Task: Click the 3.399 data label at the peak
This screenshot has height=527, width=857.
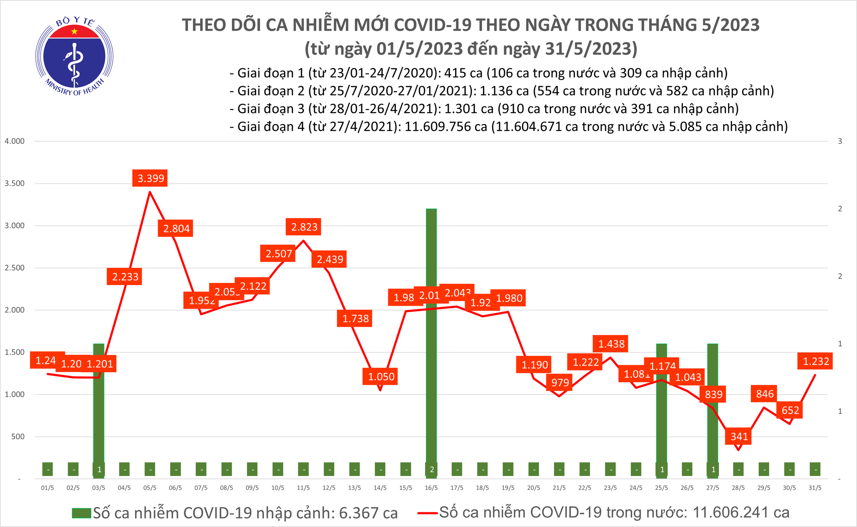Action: (151, 178)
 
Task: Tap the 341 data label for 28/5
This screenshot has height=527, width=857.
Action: (739, 436)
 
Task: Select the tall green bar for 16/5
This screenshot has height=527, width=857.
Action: (431, 334)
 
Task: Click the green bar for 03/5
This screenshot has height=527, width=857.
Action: (99, 407)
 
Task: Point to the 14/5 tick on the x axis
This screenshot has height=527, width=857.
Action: (380, 488)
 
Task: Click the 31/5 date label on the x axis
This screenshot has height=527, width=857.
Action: (815, 488)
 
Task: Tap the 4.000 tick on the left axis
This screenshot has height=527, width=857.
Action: (15, 141)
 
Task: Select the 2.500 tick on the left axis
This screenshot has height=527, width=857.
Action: (15, 268)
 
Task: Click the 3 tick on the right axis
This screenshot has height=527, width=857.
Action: (840, 141)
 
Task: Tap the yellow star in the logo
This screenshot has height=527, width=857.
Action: (75, 31)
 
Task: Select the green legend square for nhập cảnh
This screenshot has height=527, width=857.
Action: (81, 513)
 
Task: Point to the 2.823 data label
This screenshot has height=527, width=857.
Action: (304, 227)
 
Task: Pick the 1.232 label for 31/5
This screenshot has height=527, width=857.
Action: (815, 361)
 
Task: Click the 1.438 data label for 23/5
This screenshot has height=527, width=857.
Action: (611, 344)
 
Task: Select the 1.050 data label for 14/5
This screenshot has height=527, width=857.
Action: (381, 377)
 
